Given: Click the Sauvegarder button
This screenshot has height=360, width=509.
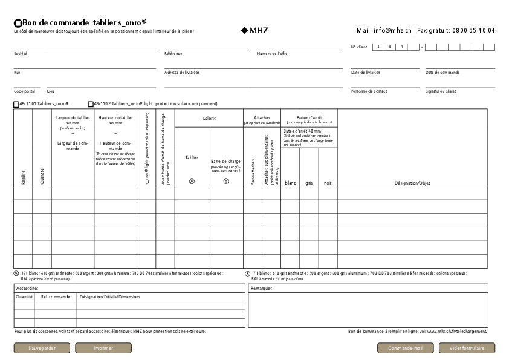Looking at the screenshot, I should (x=42, y=348).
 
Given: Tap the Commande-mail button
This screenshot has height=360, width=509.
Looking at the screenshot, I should (x=406, y=348).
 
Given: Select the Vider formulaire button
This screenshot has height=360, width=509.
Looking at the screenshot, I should (x=467, y=348).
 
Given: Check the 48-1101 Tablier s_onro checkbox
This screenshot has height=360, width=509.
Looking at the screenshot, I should (x=16, y=104).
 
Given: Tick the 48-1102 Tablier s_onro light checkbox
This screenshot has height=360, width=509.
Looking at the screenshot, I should (x=91, y=104).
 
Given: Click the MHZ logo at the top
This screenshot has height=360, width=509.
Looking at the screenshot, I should (x=254, y=30).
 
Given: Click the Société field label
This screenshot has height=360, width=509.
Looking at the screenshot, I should (x=21, y=54).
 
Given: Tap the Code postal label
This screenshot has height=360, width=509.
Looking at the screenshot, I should (x=24, y=91).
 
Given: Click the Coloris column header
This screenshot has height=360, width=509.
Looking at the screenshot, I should (x=209, y=119).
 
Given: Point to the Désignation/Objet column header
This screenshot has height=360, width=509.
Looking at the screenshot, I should (x=412, y=182).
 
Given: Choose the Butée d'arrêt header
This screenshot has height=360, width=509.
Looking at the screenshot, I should (x=309, y=117).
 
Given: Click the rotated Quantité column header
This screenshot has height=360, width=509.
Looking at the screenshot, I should (x=42, y=176).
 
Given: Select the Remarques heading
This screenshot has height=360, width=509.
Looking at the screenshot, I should (x=261, y=289).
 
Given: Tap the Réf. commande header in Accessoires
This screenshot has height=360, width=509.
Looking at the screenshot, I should (x=56, y=297).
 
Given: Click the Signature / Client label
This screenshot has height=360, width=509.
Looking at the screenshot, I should (x=441, y=91).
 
